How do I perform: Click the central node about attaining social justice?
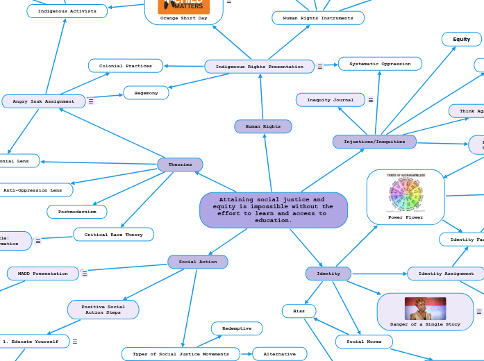[273, 210]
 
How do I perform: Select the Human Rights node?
[262, 126]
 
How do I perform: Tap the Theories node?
[180, 165]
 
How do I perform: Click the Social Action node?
[197, 262]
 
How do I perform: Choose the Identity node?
[328, 274]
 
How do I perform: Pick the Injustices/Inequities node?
[374, 142]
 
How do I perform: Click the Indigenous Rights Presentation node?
[259, 67]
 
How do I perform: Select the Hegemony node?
[146, 93]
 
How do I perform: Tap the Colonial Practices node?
[125, 66]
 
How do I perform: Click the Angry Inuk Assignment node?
[43, 101]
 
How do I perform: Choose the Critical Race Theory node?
[113, 235]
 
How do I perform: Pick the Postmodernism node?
[76, 211]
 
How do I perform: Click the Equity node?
[461, 40]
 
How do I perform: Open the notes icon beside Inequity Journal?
[371, 100]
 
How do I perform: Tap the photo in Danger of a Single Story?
[425, 308]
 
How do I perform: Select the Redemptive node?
[236, 328]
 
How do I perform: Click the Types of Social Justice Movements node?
[181, 354]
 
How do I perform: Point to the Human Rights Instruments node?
[317, 18]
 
